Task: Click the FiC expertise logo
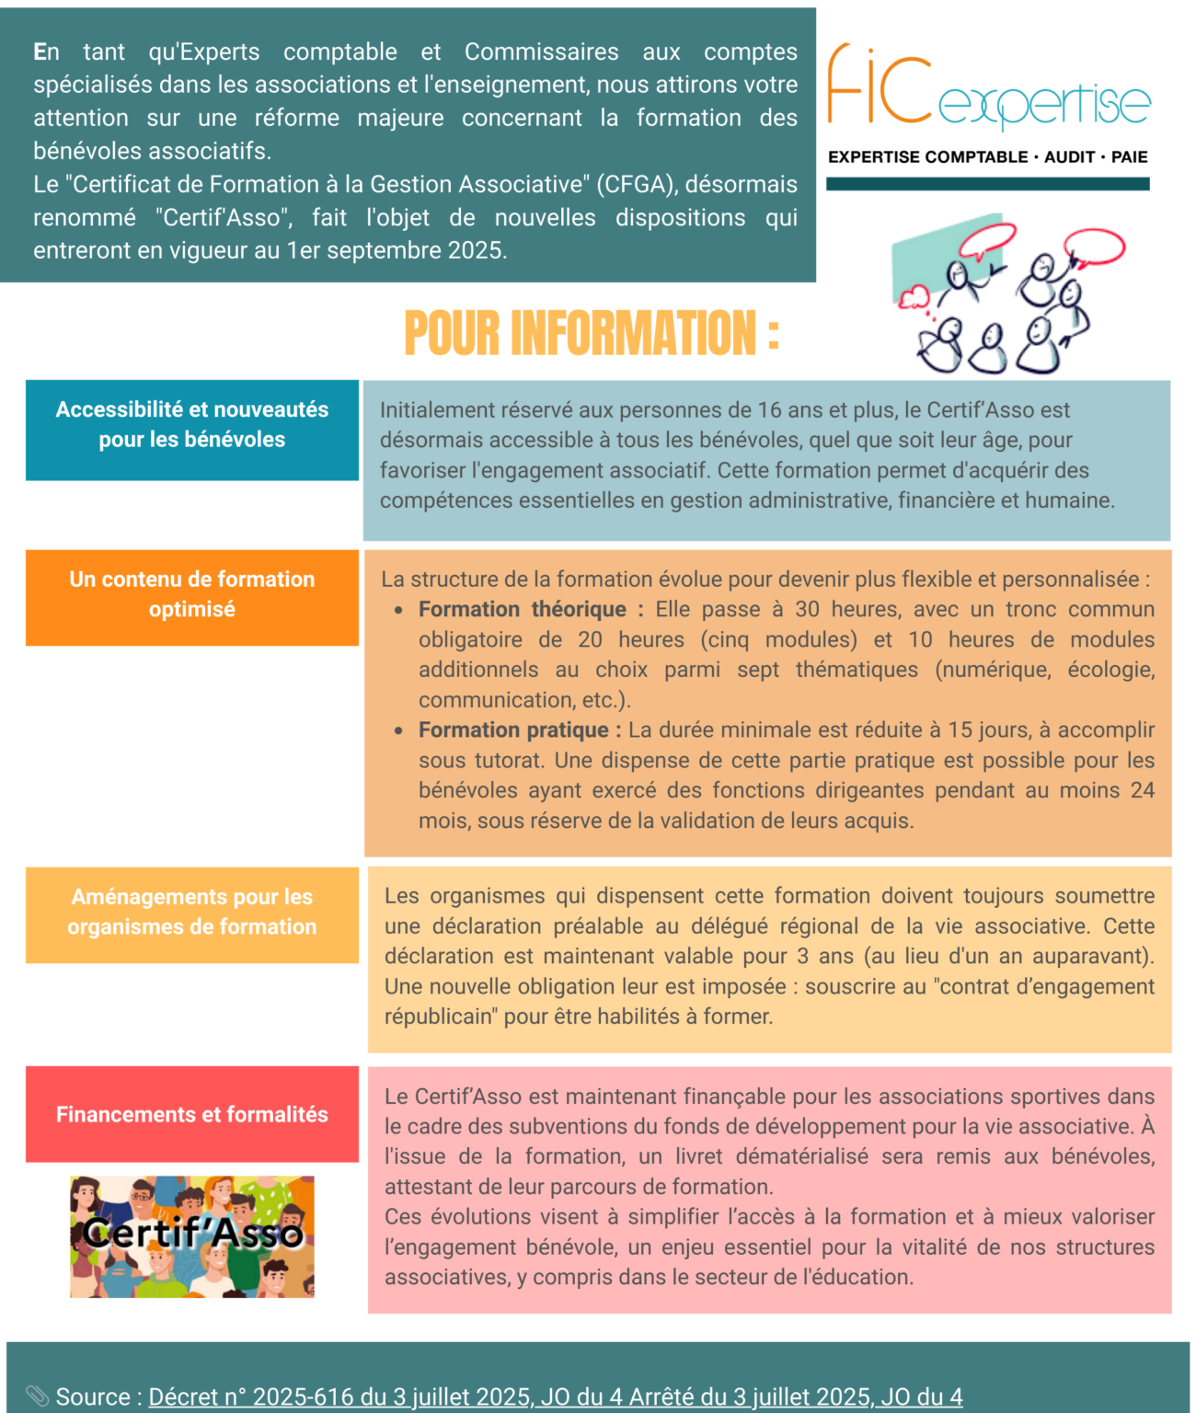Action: (x=988, y=88)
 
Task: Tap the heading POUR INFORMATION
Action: (x=591, y=333)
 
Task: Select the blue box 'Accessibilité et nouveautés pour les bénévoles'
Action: (x=192, y=430)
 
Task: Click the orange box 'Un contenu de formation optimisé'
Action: (x=192, y=597)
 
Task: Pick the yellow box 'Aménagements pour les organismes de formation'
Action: (x=192, y=914)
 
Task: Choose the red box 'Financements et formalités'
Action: (x=192, y=1114)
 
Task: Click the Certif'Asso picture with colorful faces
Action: (x=192, y=1236)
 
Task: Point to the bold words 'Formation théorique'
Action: (x=522, y=609)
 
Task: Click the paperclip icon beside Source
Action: (x=37, y=1396)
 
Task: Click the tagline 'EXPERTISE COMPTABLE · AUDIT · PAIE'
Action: (x=987, y=157)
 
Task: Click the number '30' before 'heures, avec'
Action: (x=807, y=609)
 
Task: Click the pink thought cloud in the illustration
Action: (x=915, y=297)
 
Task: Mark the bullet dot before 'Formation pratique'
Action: (x=398, y=731)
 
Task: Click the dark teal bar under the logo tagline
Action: (x=987, y=184)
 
